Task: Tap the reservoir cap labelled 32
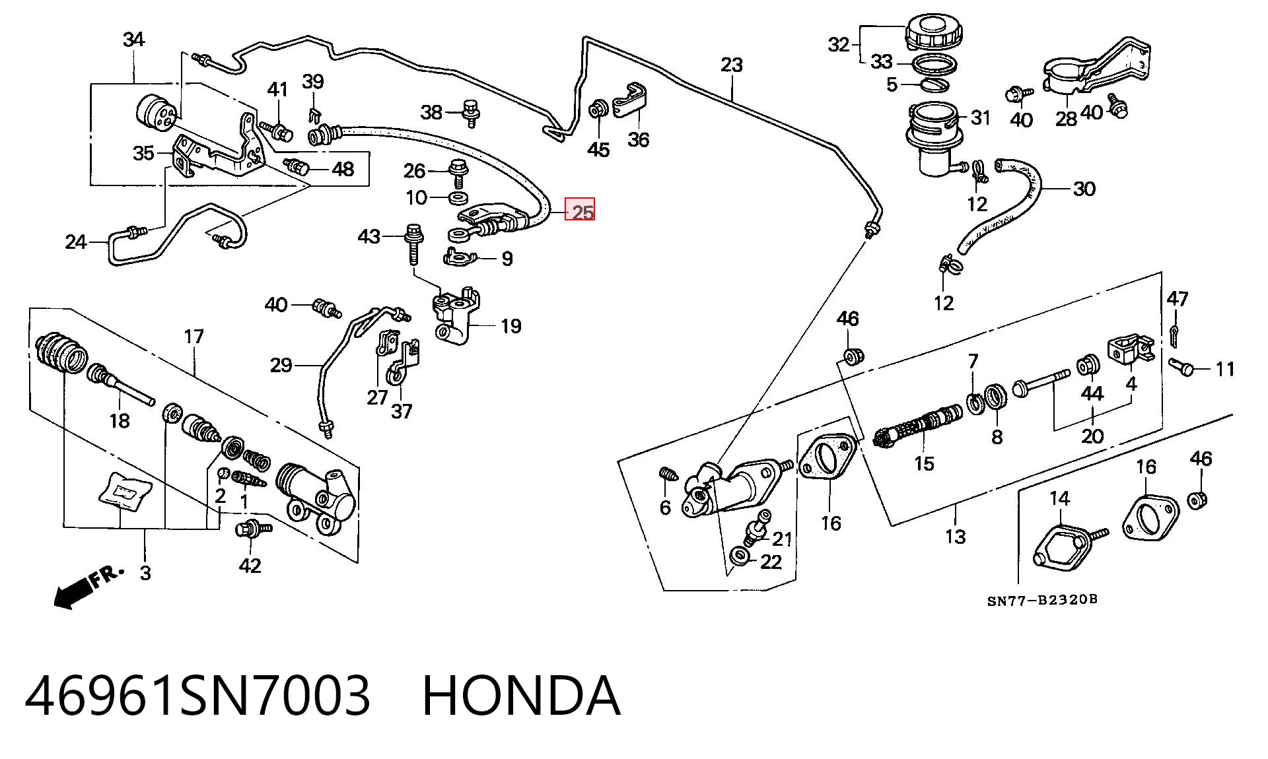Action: click(931, 33)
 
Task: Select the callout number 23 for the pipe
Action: click(732, 65)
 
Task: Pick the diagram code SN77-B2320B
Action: click(1042, 600)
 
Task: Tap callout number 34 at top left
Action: click(133, 40)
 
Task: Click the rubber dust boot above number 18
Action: click(61, 352)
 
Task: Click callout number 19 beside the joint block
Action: click(511, 326)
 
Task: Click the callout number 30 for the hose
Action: click(1084, 189)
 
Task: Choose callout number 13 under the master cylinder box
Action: click(956, 537)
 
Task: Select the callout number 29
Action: click(281, 365)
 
